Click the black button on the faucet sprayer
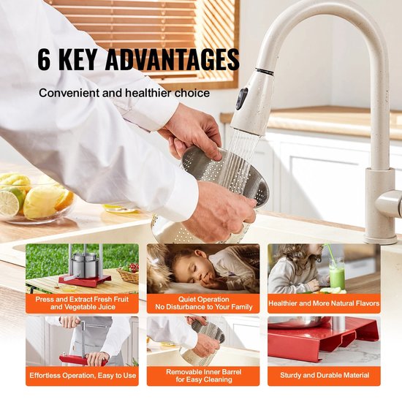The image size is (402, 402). click(x=242, y=98)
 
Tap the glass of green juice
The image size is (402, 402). click(x=336, y=274)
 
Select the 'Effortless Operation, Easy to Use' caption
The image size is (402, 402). click(x=83, y=376)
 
